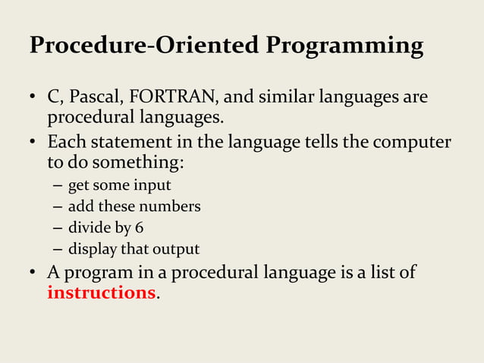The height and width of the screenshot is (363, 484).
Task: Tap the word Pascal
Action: click(x=96, y=99)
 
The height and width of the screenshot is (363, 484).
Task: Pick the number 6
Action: click(x=139, y=228)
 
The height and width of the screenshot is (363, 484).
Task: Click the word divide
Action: click(x=88, y=228)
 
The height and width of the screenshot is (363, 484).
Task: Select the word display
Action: click(x=91, y=249)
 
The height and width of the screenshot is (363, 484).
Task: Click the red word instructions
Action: click(x=101, y=293)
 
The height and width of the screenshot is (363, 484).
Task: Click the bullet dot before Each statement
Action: click(x=33, y=144)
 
